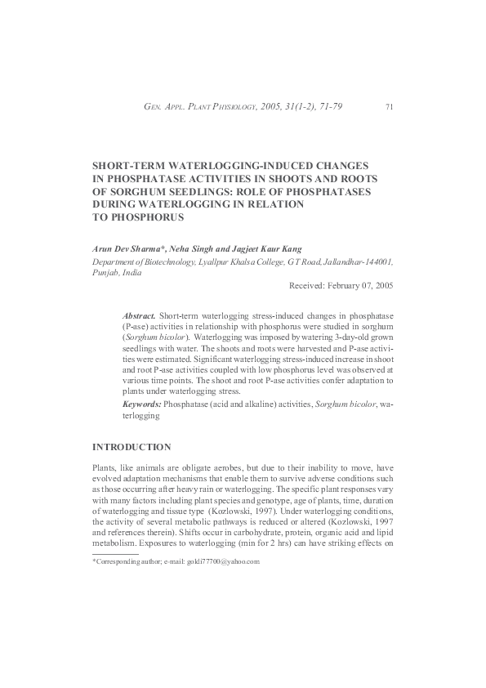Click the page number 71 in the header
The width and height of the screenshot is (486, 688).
(389, 107)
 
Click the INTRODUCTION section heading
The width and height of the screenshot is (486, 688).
(132, 447)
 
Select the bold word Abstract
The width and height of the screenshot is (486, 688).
(139, 315)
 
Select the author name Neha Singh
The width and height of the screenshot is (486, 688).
(189, 247)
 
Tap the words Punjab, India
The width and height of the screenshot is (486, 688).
(117, 273)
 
